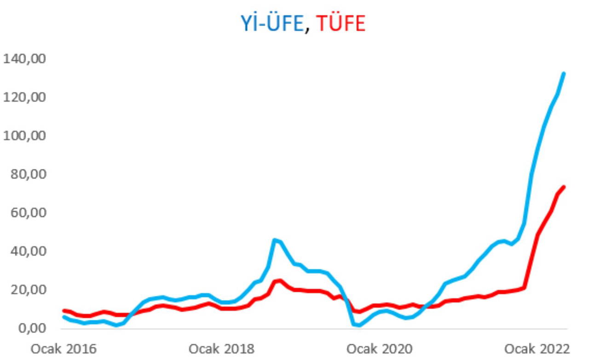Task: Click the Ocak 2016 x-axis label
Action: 64,349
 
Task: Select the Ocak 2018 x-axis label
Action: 221,349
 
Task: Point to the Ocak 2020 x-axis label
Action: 379,349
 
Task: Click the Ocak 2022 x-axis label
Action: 537,349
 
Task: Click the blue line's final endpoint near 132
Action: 564,74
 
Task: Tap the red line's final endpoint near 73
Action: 564,187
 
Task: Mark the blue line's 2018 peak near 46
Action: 275,240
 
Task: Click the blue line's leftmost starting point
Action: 64,317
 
